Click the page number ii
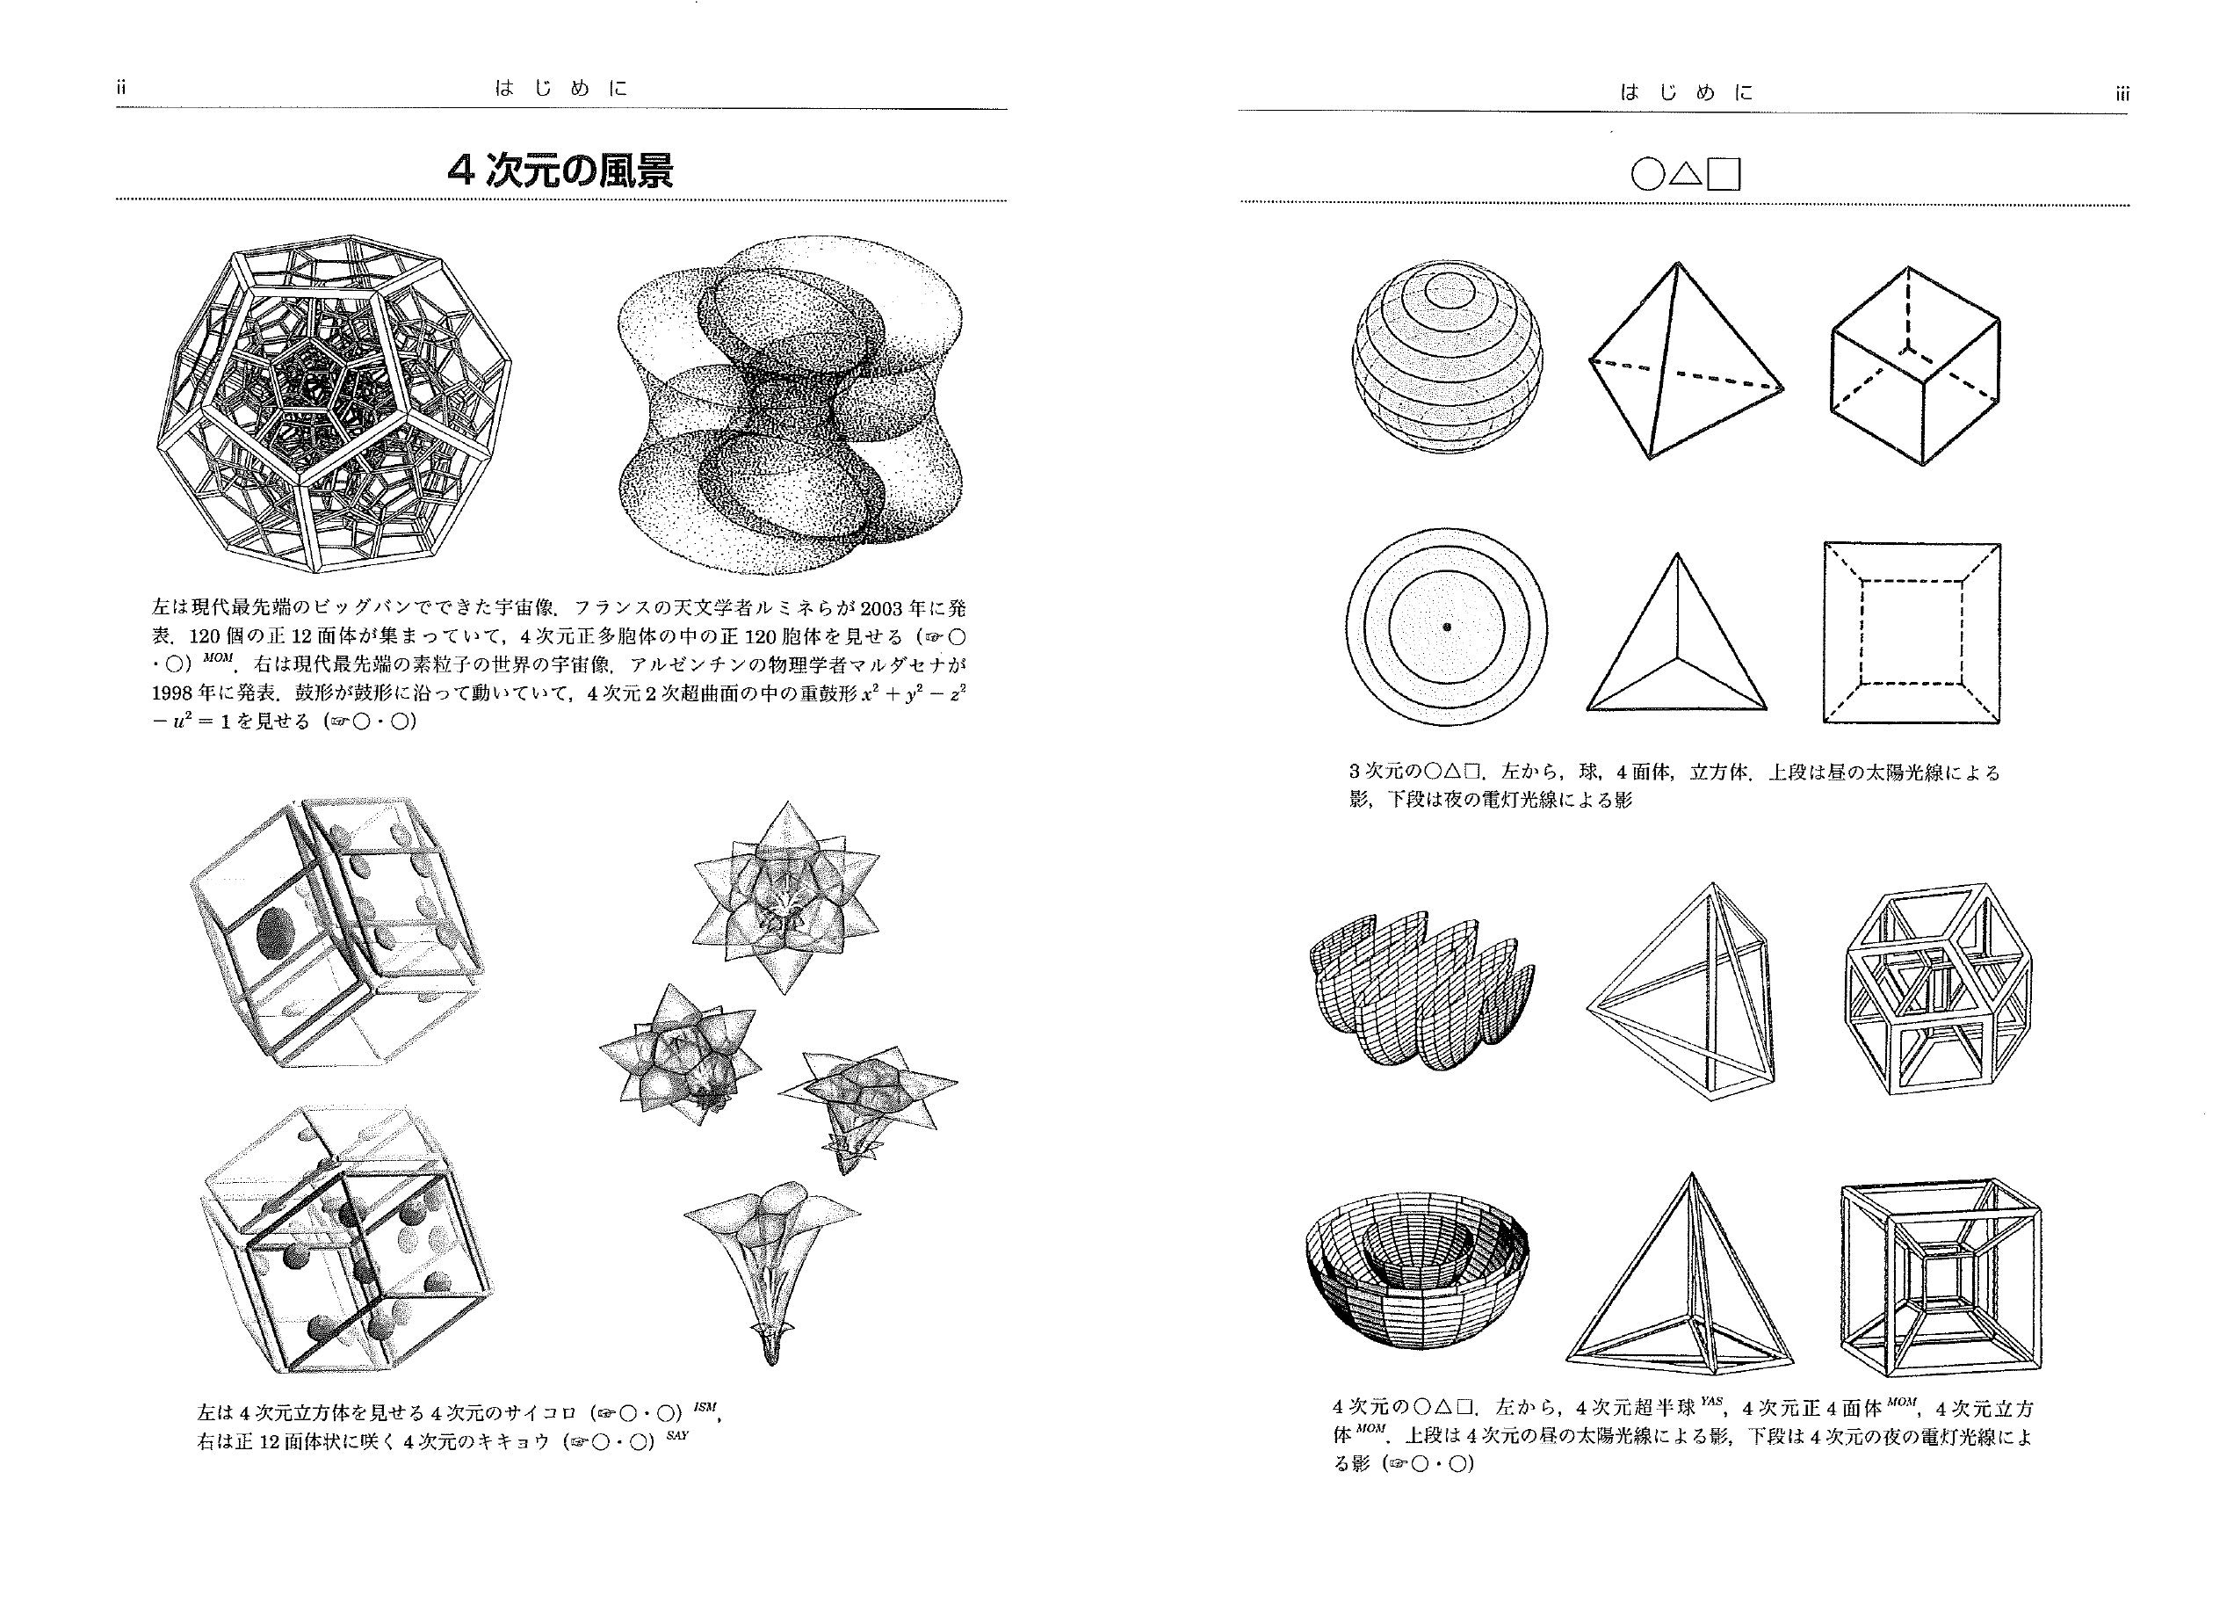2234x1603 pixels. (121, 88)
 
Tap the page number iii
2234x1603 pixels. (2122, 95)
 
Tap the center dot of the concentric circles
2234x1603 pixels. (1446, 627)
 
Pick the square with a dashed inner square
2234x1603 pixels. (1912, 633)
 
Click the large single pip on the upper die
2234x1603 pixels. (277, 931)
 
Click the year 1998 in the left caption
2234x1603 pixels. (174, 693)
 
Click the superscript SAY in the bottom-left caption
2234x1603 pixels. (676, 1434)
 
